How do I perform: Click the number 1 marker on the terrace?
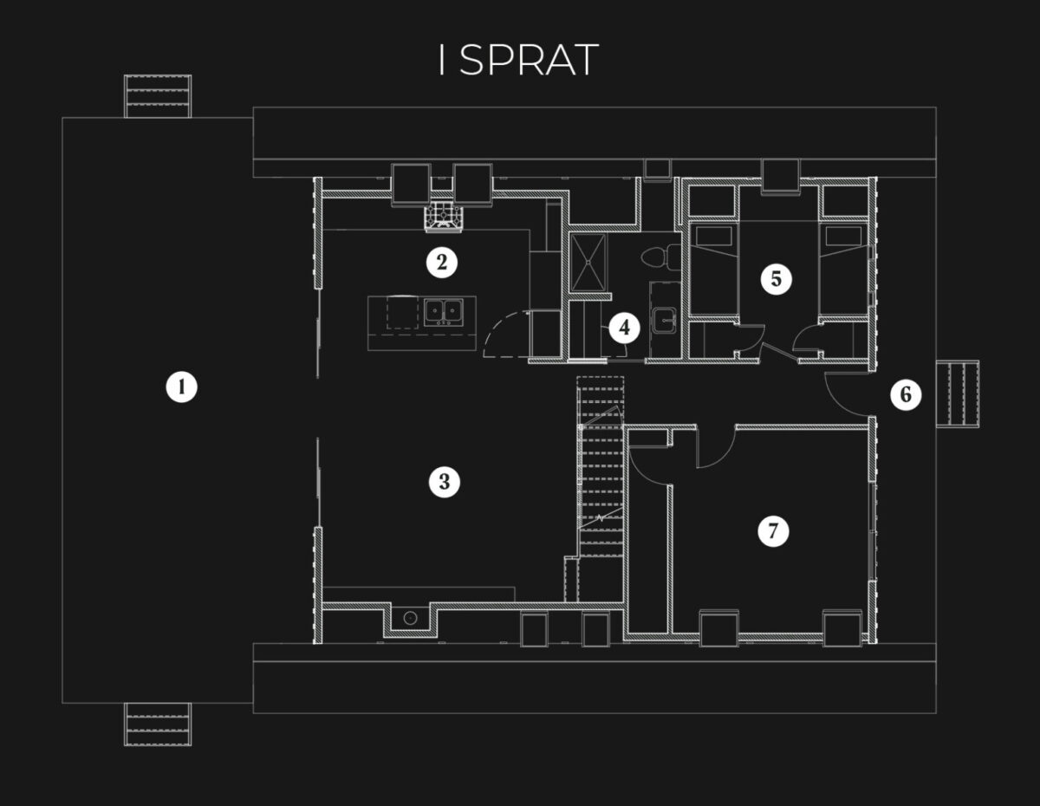[x=181, y=387]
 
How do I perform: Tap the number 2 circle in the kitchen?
[x=442, y=262]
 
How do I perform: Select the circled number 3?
[x=444, y=482]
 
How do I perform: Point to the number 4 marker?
[x=624, y=328]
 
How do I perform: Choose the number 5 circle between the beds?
[x=776, y=279]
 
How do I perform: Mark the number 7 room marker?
[x=773, y=530]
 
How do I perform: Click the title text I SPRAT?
[x=518, y=61]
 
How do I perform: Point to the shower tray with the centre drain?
[x=589, y=260]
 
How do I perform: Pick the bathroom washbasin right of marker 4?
[x=665, y=319]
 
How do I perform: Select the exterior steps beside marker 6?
[x=961, y=394]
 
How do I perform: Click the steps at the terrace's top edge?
[x=158, y=96]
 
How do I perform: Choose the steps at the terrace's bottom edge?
[x=158, y=723]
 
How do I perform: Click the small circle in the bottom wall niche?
[x=411, y=619]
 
